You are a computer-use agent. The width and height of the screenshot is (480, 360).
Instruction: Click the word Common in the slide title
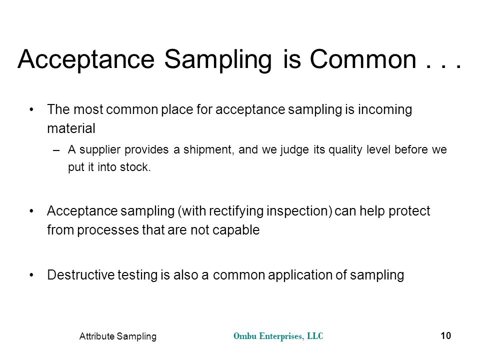(363, 59)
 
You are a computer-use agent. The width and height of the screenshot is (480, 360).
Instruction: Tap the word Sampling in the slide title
(218, 60)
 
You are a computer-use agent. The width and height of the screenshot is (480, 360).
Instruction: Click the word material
(71, 128)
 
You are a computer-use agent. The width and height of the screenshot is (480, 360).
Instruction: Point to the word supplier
(100, 150)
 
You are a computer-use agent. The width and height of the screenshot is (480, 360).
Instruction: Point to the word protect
(409, 211)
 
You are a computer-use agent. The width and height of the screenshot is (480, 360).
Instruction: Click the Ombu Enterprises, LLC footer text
(278, 336)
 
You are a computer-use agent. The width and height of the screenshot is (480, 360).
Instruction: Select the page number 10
(445, 336)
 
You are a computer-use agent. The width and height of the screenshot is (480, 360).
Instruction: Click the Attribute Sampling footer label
(118, 336)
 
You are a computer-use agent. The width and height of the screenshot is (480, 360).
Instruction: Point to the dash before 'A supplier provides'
(55, 150)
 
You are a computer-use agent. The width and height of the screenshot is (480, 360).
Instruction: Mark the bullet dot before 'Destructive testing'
(31, 275)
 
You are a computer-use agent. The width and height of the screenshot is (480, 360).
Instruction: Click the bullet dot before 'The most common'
(31, 109)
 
